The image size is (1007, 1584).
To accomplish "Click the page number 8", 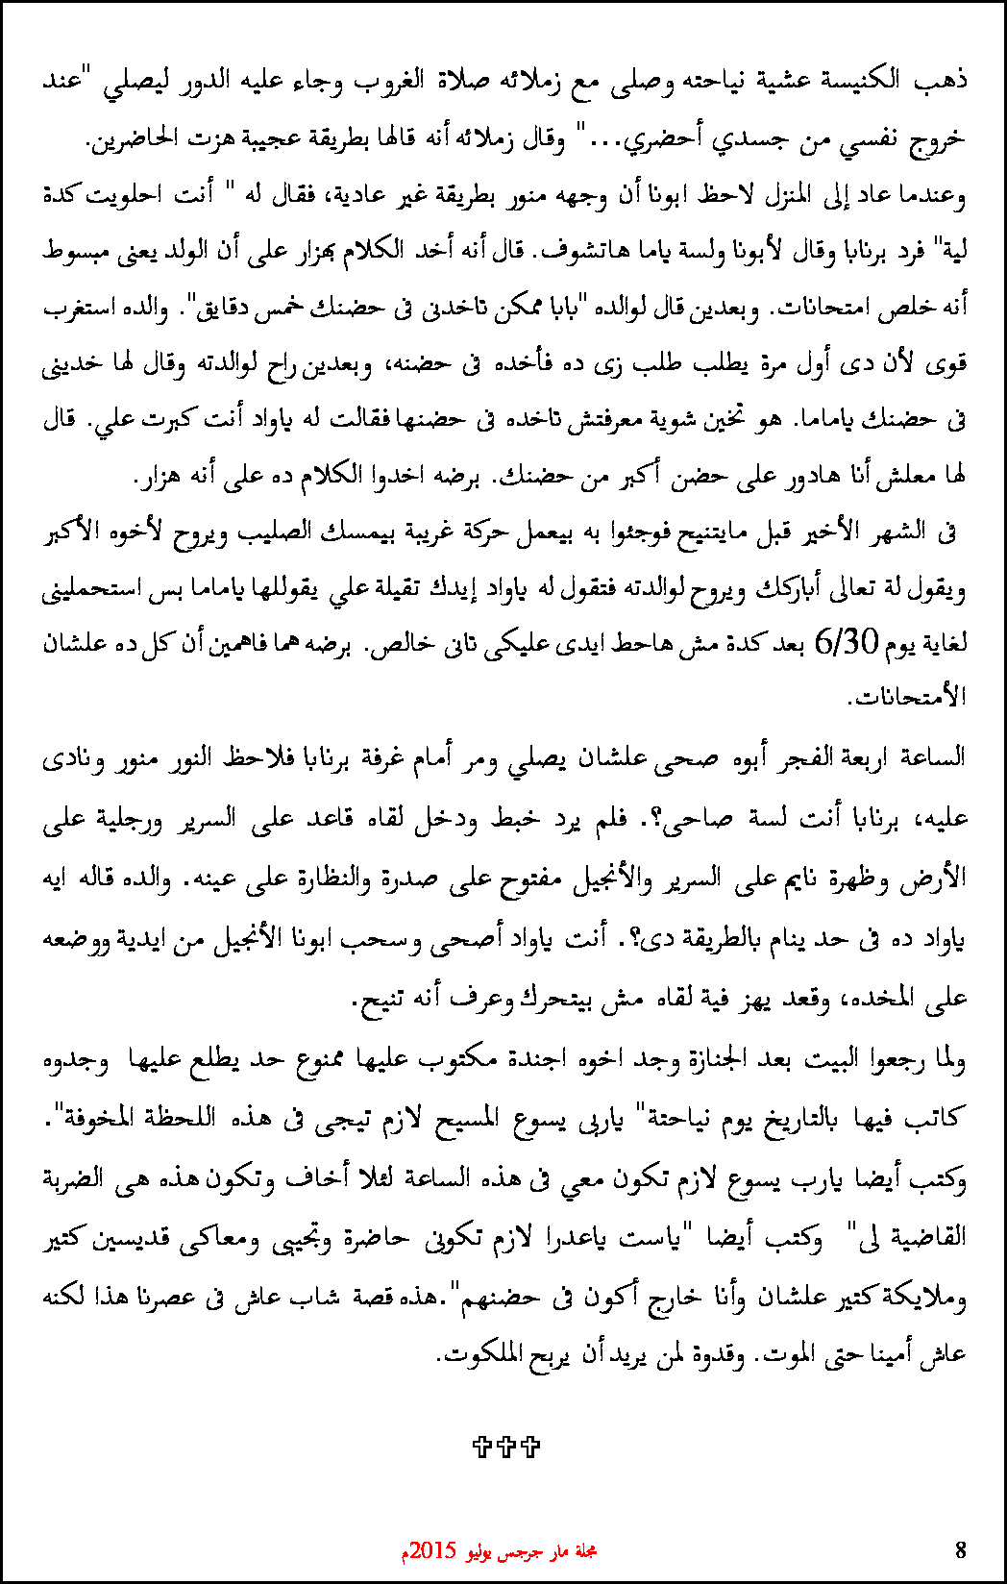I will [961, 1549].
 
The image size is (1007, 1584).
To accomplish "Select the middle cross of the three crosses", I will [506, 1446].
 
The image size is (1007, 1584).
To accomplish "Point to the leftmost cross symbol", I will [483, 1446].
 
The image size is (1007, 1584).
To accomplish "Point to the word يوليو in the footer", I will [482, 1550].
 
